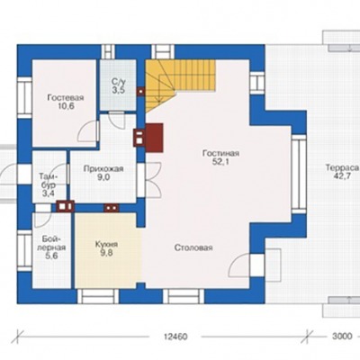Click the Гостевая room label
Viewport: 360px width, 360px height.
[x=66, y=98]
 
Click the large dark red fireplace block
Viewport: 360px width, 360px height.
[x=154, y=138]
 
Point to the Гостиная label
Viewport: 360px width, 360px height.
[x=220, y=154]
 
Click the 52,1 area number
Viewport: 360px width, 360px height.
[x=221, y=162]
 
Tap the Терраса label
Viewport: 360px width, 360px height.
[x=342, y=167]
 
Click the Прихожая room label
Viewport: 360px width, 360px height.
[x=103, y=169]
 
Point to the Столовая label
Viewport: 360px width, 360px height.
[x=193, y=247]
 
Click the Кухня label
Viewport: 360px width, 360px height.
[x=106, y=245]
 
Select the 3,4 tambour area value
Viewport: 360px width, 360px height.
[x=49, y=193]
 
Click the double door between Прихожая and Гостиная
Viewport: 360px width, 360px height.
[x=154, y=180]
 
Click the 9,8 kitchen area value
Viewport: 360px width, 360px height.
[x=106, y=253]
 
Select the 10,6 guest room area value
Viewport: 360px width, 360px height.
[x=66, y=106]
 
